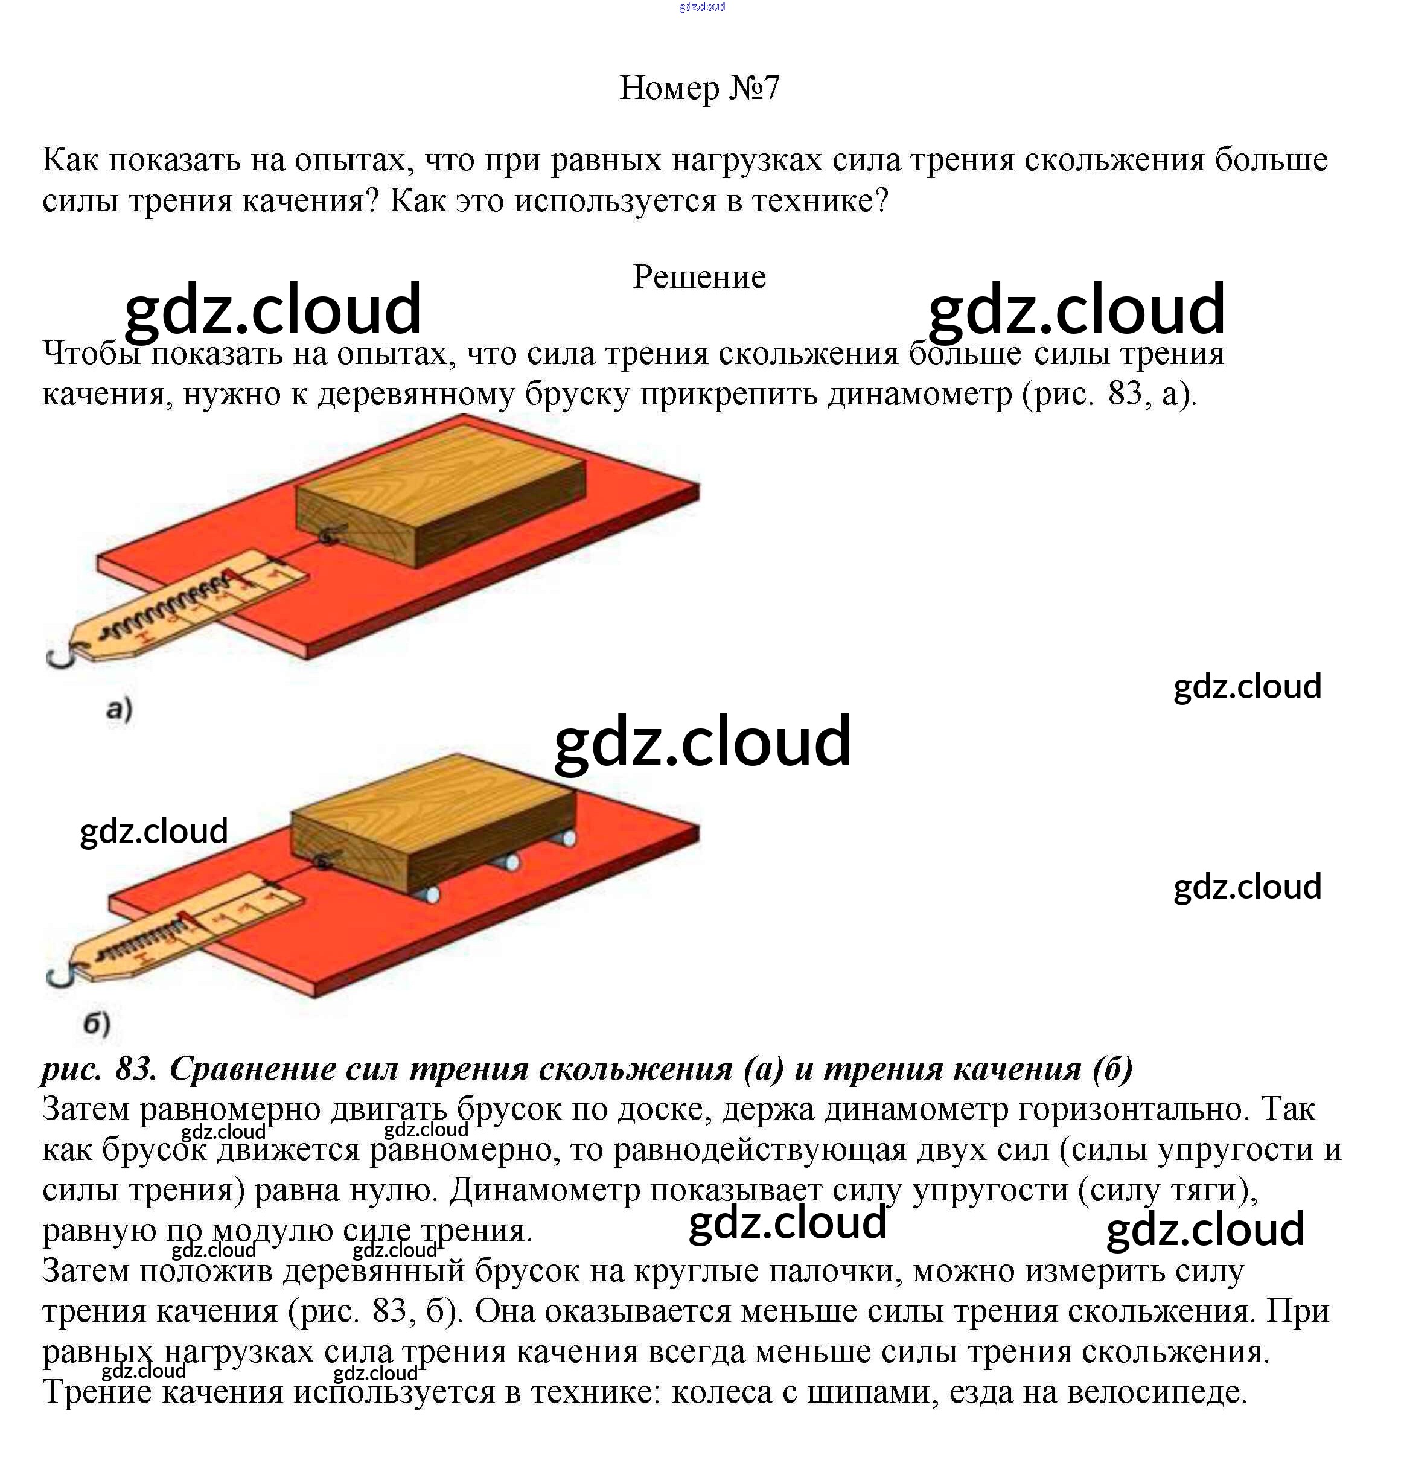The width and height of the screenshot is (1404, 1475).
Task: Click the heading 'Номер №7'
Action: tap(700, 88)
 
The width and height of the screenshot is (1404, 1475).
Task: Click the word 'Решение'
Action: tap(700, 277)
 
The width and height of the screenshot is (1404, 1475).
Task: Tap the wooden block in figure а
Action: tap(441, 495)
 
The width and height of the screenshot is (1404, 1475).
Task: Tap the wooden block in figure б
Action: tap(433, 823)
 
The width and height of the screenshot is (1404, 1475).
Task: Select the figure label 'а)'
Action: tap(119, 708)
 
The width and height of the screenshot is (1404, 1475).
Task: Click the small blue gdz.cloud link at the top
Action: tap(701, 7)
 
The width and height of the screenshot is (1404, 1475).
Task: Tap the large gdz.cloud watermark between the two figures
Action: tap(702, 741)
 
